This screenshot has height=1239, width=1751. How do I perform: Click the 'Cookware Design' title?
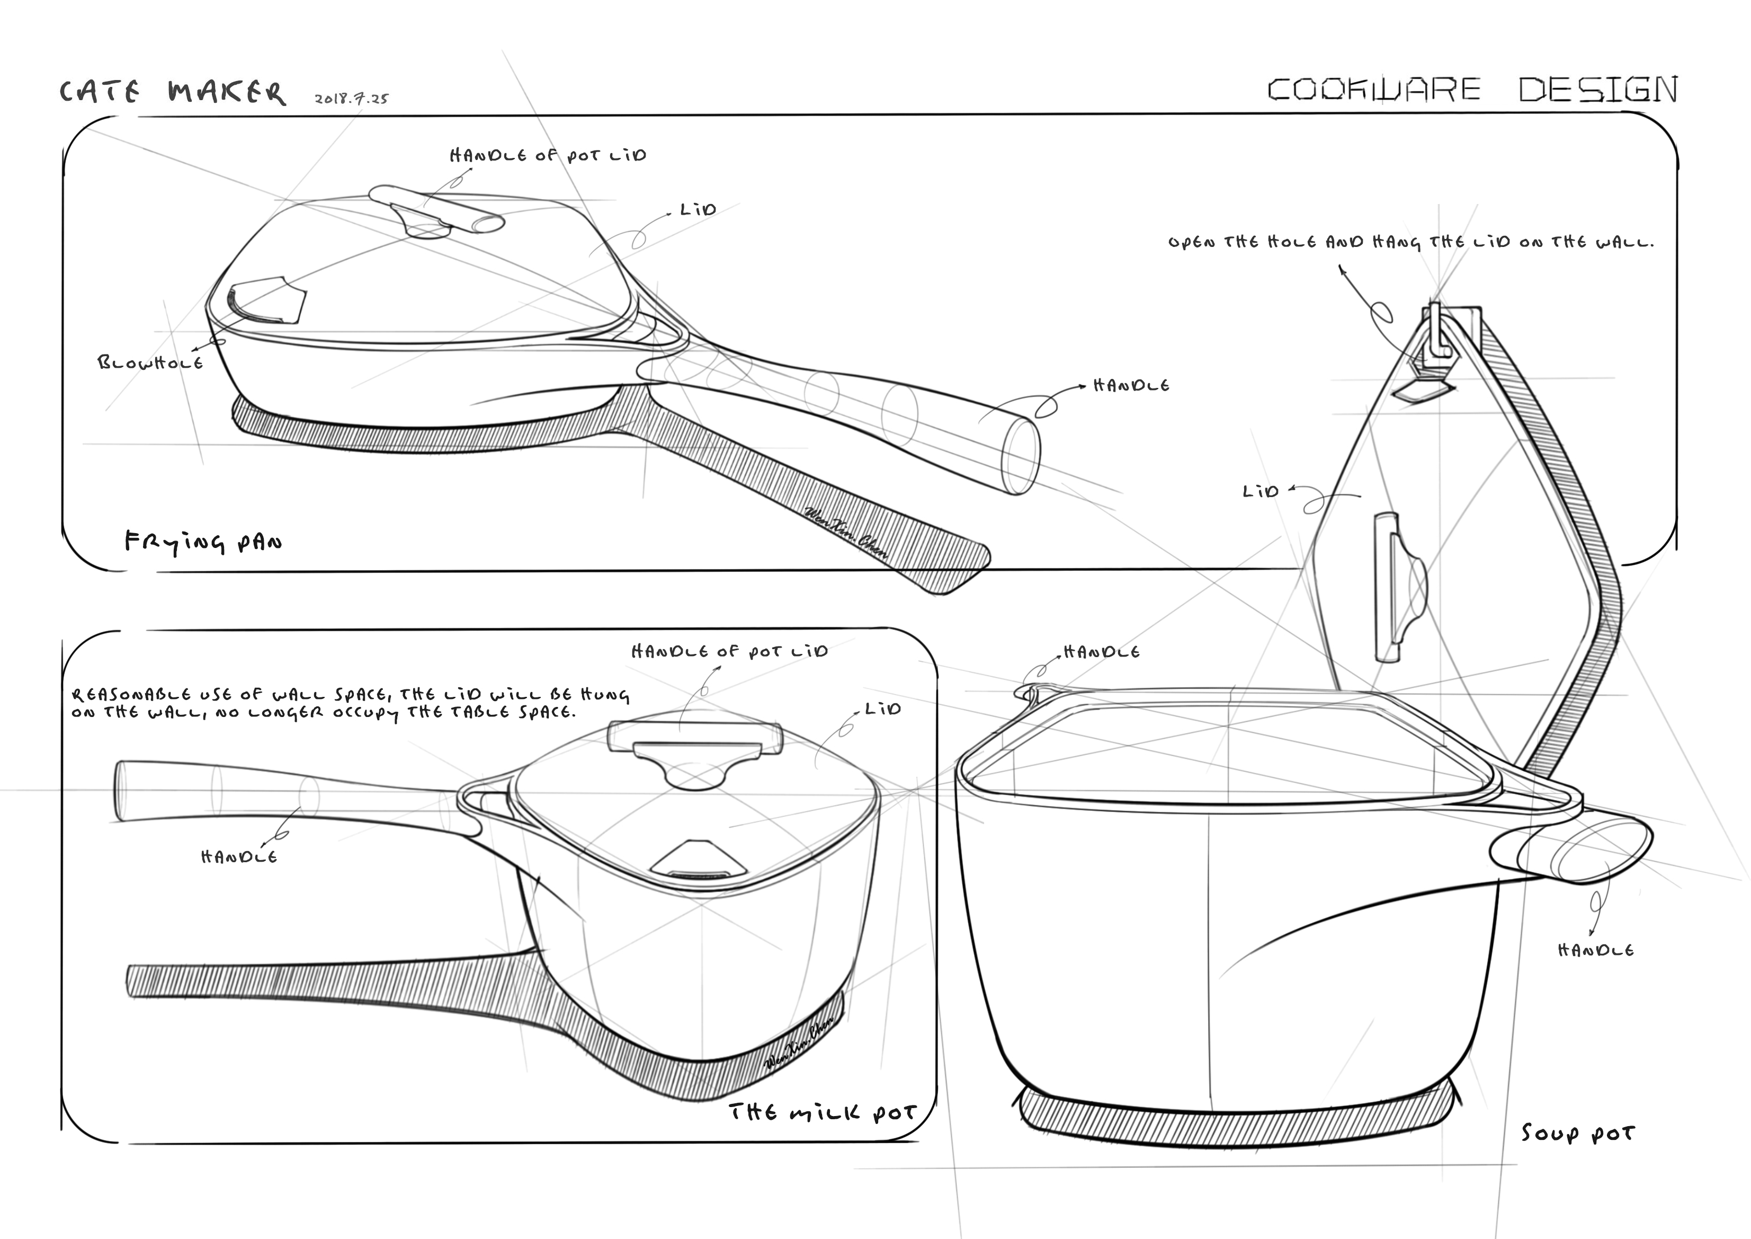tap(1472, 90)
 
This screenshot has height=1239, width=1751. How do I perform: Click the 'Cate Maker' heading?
tap(172, 92)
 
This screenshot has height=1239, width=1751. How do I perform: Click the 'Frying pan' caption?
tap(203, 543)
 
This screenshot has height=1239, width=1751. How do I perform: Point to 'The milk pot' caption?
tap(821, 1112)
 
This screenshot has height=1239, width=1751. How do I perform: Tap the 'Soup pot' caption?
tap(1578, 1133)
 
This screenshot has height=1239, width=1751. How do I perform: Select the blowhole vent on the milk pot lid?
tap(699, 860)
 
